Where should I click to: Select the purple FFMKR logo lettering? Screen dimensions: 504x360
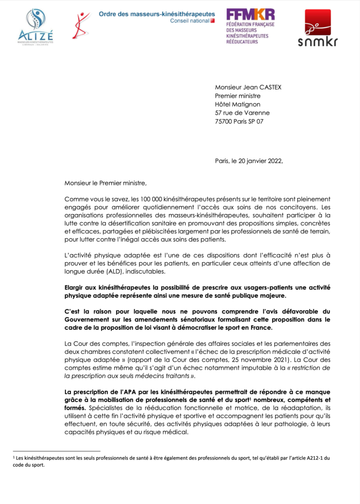pyautogui.click(x=250, y=14)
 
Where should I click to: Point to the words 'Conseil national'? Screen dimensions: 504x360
pyautogui.click(x=190, y=21)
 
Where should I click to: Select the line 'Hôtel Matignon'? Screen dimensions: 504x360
pyautogui.click(x=238, y=104)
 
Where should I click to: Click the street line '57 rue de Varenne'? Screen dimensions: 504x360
pyautogui.click(x=242, y=113)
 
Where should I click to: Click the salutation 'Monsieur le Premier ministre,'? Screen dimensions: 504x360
pyautogui.click(x=105, y=183)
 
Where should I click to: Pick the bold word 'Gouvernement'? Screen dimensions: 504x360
pyautogui.click(x=87, y=320)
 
